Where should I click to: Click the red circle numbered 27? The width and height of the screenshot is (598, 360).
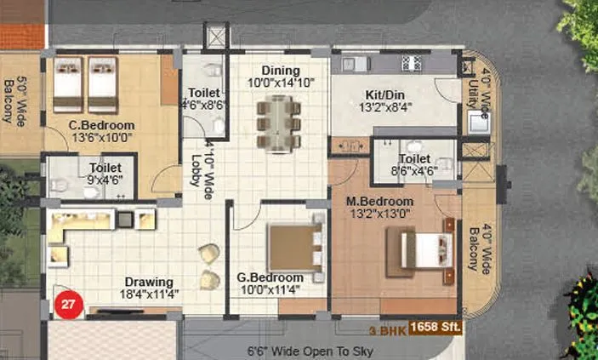pos(69,304)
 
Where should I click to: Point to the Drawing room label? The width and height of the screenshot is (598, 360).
pos(149,282)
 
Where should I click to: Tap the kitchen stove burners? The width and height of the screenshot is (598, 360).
pos(413,63)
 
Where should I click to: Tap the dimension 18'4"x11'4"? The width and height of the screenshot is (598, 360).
pos(149,294)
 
